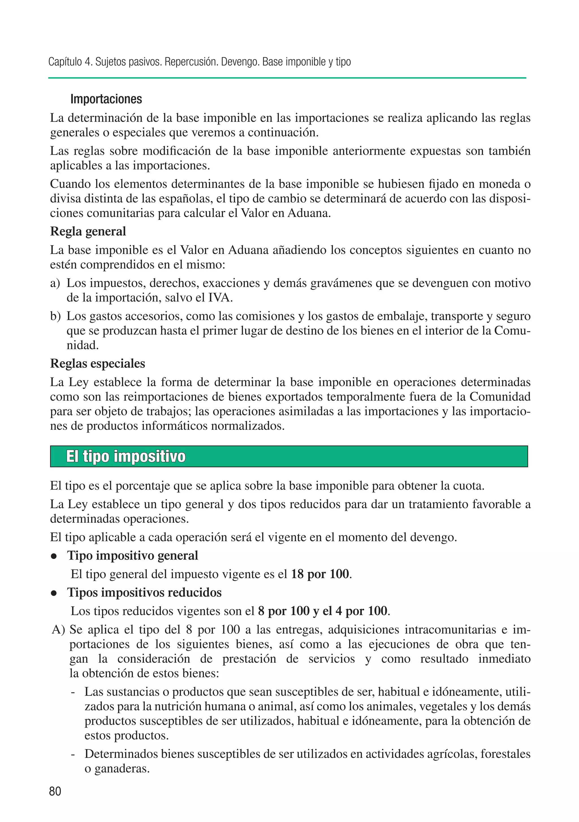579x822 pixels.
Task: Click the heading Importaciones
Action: click(106, 99)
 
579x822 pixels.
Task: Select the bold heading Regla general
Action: click(88, 231)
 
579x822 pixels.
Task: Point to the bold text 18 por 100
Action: click(320, 574)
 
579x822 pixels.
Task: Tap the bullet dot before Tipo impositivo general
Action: click(54, 557)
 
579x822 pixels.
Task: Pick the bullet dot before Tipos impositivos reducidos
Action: click(54, 593)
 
